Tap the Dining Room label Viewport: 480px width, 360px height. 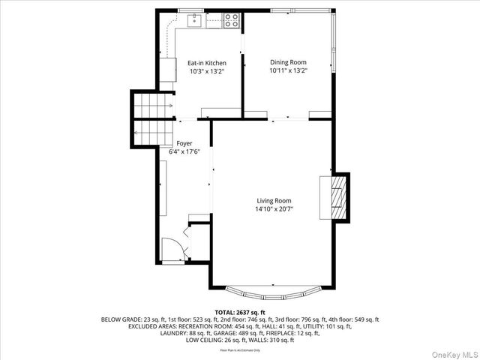[288, 62]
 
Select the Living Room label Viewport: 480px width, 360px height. [274, 201]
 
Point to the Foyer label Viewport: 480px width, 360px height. [184, 142]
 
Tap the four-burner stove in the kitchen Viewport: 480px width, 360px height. [231, 21]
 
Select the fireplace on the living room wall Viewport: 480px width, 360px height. [335, 196]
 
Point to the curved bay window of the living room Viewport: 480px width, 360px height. [274, 293]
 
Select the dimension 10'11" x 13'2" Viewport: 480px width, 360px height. [288, 70]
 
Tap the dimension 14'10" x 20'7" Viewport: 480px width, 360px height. [274, 209]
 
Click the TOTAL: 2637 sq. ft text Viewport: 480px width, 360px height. [239, 312]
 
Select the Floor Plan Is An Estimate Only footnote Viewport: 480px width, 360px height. [239, 350]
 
